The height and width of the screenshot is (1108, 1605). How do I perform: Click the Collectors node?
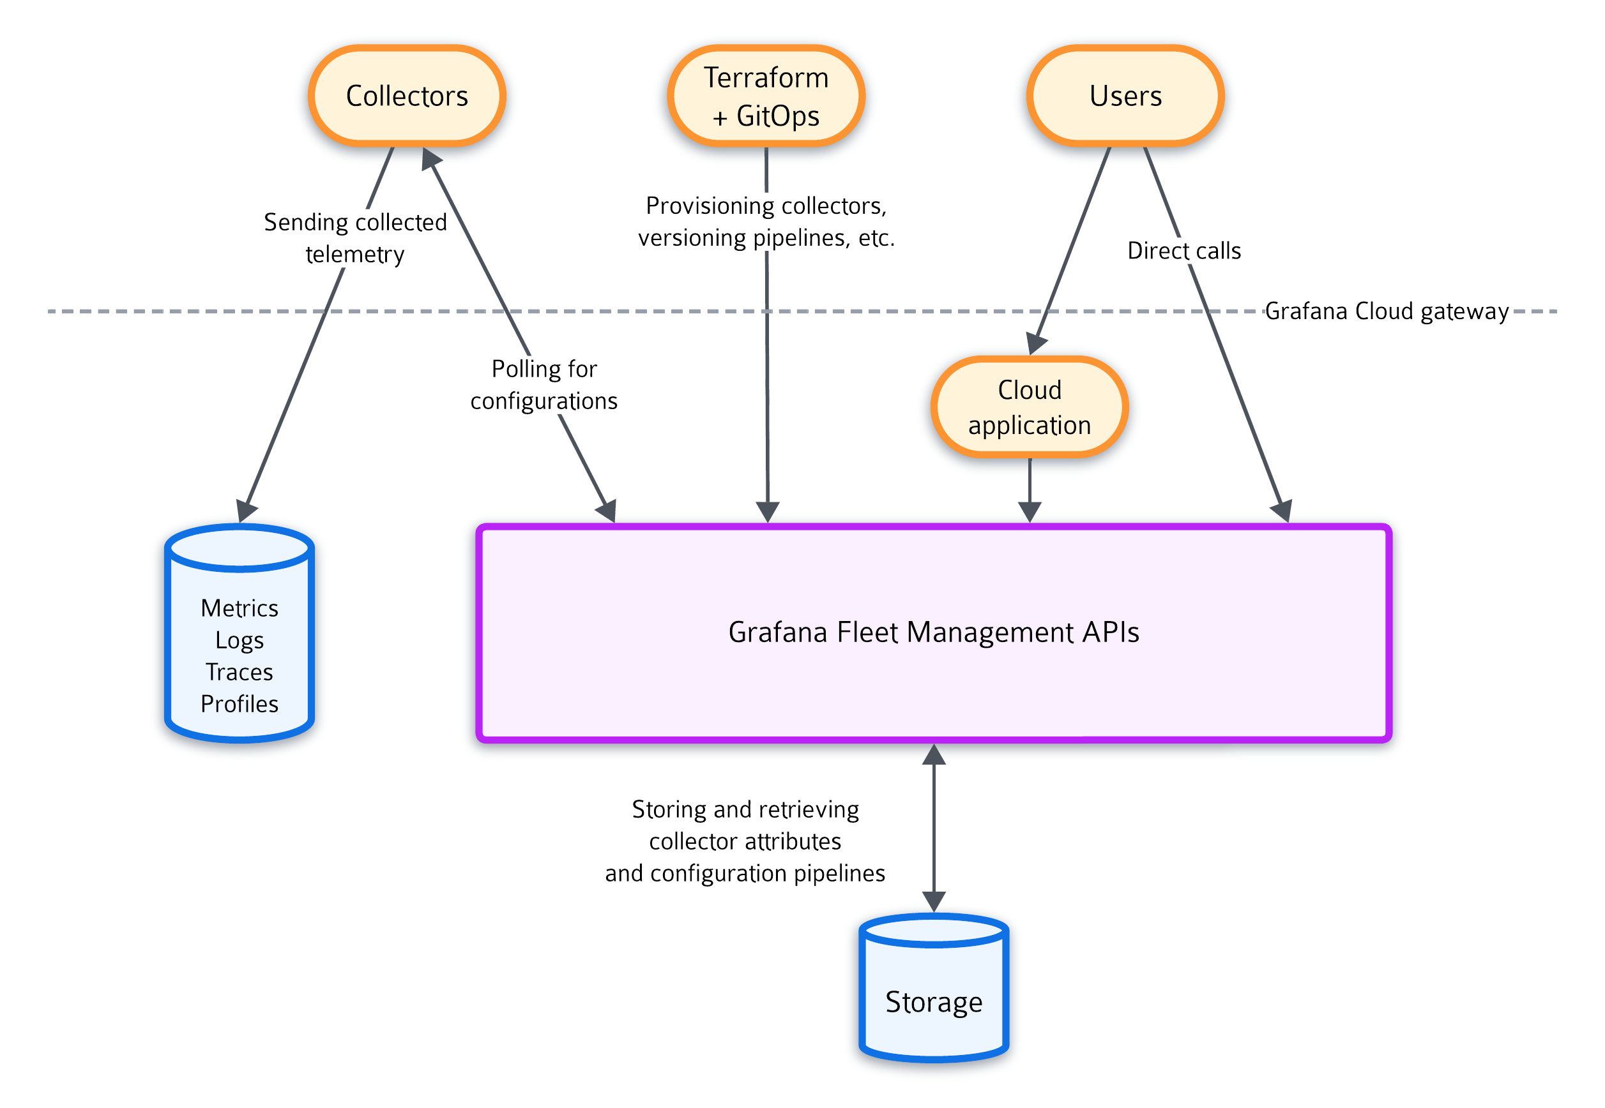pos(407,96)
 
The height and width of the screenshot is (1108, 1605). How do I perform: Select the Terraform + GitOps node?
pos(765,96)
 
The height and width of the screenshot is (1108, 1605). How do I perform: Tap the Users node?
pos(1125,96)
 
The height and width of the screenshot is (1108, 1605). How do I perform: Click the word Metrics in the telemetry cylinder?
pos(239,608)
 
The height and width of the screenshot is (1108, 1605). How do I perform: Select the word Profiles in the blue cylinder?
pos(239,704)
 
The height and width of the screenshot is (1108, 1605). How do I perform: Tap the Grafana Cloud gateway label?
pos(1385,311)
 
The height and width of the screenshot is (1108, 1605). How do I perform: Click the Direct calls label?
pos(1183,251)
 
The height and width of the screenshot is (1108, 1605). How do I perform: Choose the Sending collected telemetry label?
pos(355,237)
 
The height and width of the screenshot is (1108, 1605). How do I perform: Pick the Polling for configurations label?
pos(544,385)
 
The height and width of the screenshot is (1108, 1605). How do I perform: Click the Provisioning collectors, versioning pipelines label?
pos(765,221)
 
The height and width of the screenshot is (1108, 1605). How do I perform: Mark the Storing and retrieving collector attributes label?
pos(745,841)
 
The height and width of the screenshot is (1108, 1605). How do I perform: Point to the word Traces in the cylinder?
pos(239,672)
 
